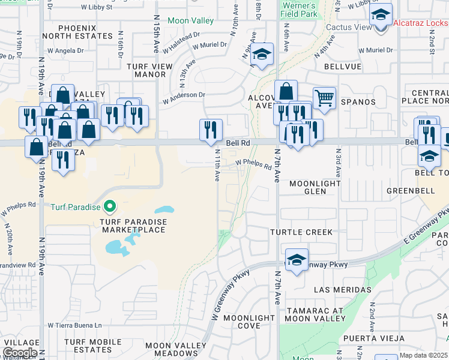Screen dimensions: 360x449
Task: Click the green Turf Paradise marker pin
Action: click(109, 208)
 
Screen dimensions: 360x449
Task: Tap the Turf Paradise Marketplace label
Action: click(129, 226)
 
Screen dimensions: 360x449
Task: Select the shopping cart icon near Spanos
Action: click(324, 98)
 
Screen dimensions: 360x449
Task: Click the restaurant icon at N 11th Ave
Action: click(211, 130)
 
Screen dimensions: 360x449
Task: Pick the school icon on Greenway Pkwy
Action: click(297, 260)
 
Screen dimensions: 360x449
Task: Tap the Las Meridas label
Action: click(342, 290)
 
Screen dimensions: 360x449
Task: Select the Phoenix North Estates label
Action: click(85, 32)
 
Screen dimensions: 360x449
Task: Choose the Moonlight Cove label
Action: click(249, 322)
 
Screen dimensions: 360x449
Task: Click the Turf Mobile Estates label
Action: click(88, 346)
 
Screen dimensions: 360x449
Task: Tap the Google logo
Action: click(20, 353)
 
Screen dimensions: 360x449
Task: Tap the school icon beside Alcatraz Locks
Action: click(381, 15)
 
